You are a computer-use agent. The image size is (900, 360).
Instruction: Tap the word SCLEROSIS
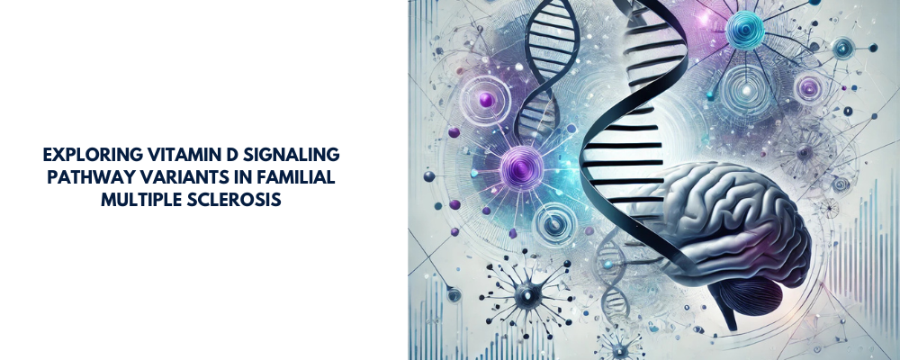point(238,199)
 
